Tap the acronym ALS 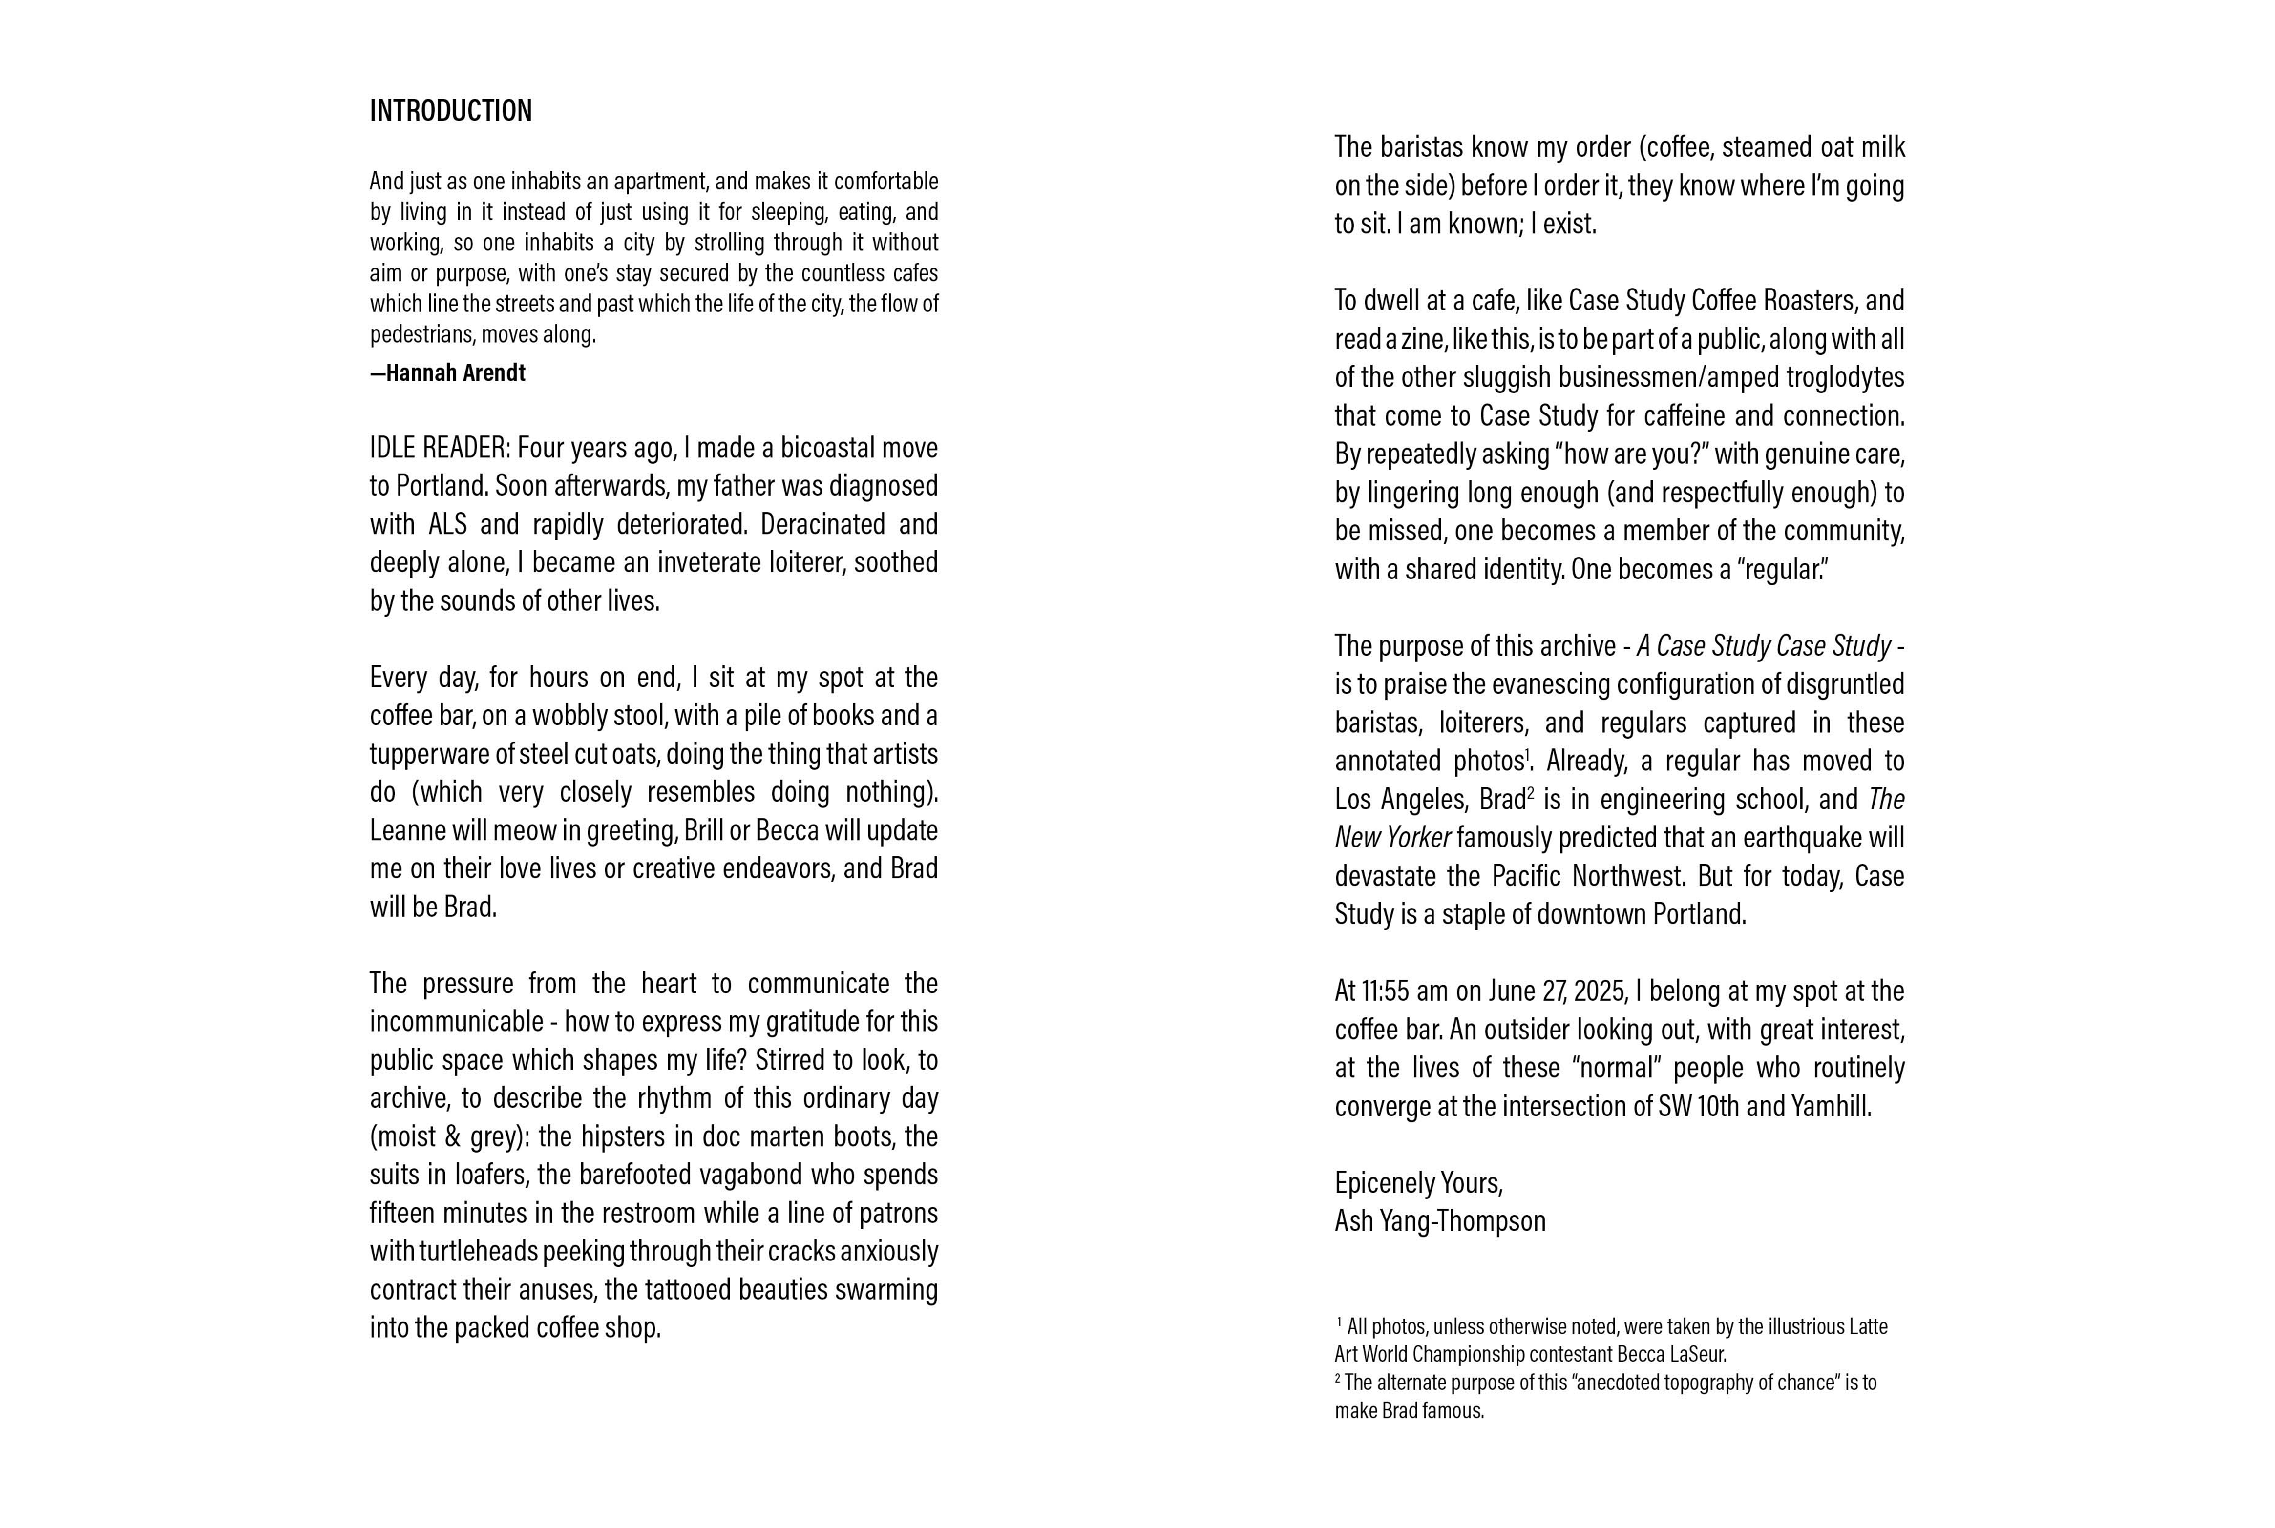[447, 524]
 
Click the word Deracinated [822, 524]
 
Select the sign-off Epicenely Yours [1418, 1183]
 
